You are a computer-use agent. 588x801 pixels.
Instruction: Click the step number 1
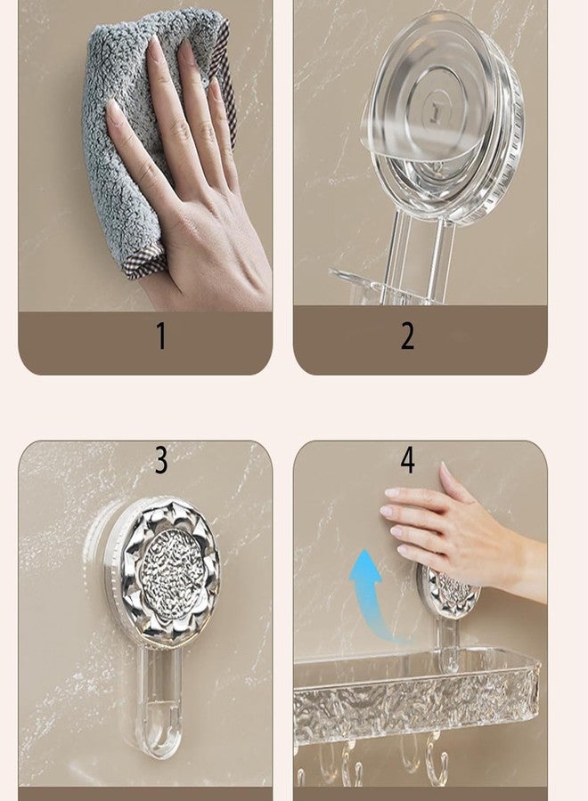pos(161,336)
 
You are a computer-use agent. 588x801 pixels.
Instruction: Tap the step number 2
pos(407,336)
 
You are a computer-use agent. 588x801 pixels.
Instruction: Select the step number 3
pos(161,460)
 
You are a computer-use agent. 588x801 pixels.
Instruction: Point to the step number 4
pos(407,460)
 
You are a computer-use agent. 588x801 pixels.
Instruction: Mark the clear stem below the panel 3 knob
pos(161,700)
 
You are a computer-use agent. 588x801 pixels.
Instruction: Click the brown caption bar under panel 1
pos(145,343)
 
